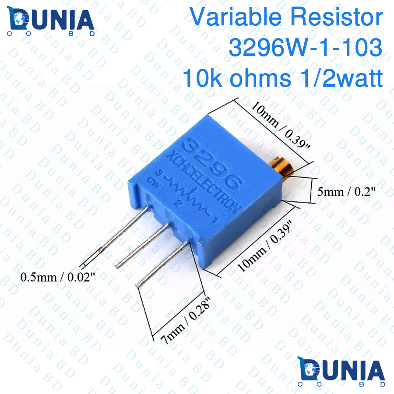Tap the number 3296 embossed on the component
[214, 162]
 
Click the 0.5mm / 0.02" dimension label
[57, 277]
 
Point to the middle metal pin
[144, 245]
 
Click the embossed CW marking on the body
[153, 183]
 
